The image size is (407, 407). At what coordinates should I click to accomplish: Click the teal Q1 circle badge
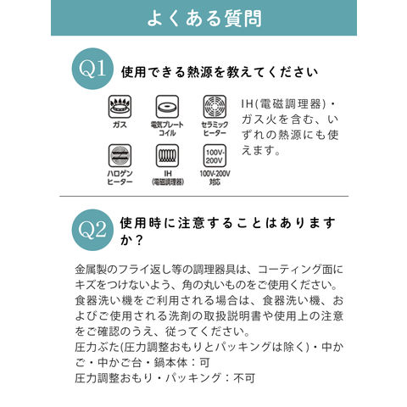(x=92, y=69)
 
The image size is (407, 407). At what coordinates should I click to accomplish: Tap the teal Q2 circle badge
(x=92, y=230)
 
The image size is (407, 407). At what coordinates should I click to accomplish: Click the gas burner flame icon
(x=120, y=107)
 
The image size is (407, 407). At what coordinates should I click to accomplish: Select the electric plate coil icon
(x=167, y=107)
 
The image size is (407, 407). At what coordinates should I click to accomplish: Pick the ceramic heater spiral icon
(x=215, y=107)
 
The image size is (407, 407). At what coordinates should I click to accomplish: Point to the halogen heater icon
(x=120, y=156)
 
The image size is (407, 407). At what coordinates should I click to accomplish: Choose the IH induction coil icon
(x=167, y=156)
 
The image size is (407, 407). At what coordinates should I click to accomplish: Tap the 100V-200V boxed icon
(x=215, y=156)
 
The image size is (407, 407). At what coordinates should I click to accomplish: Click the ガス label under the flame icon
(x=120, y=125)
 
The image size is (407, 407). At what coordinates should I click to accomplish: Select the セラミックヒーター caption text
(x=215, y=129)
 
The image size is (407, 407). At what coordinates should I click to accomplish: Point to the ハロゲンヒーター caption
(x=120, y=177)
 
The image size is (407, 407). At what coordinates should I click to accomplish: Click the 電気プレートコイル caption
(x=167, y=129)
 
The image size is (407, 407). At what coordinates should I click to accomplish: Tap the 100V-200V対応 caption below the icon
(x=215, y=177)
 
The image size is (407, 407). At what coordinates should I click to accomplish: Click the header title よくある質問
(x=204, y=19)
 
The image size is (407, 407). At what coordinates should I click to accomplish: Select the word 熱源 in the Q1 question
(x=200, y=72)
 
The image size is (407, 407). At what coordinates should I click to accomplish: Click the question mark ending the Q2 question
(x=138, y=240)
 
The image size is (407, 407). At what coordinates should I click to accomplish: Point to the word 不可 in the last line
(x=244, y=378)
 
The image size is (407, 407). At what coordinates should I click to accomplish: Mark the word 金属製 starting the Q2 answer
(x=92, y=270)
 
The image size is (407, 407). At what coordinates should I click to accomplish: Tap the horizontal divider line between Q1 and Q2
(x=203, y=196)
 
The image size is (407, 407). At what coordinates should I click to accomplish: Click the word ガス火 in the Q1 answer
(x=259, y=120)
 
